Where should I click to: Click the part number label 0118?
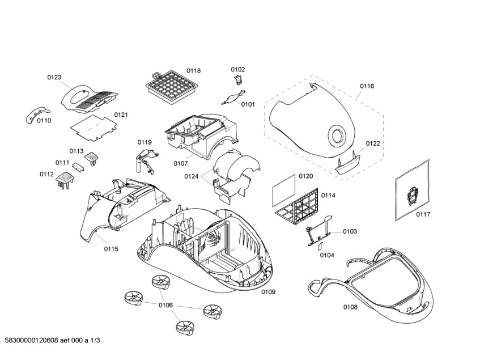pos(193,71)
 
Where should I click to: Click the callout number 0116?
pos(367,86)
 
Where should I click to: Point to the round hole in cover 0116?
pos(335,135)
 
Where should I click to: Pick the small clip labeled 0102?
pos(239,83)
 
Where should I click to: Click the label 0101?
pos(248,104)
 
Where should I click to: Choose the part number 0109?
pos(268,292)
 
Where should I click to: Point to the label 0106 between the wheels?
pos(165,306)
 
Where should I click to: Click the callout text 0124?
pos(191,176)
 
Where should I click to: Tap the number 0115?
pos(111,249)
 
